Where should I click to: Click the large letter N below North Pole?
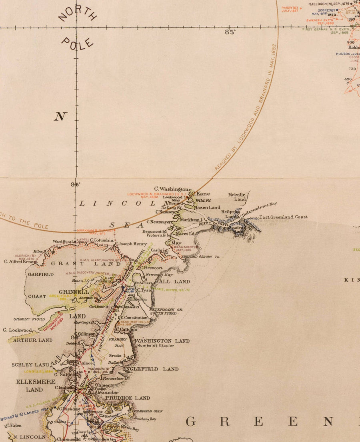tap(60, 117)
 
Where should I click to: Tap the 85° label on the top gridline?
tap(230, 32)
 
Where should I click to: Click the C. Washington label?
tap(171, 189)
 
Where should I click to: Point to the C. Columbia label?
tap(102, 240)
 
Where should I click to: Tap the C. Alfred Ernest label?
tap(20, 262)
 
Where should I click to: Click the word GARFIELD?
tap(40, 275)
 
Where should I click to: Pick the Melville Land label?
tap(237, 197)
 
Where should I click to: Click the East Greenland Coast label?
tap(283, 217)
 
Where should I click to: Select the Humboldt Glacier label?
tap(156, 346)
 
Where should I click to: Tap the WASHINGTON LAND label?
tap(162, 341)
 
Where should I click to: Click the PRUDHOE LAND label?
tap(128, 398)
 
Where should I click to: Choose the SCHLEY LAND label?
tap(31, 365)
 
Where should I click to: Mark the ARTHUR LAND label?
tap(32, 340)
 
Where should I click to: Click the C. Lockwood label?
tap(17, 330)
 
